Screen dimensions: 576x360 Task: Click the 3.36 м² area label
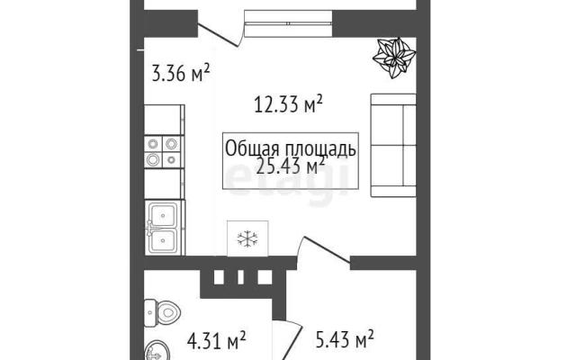click(x=180, y=73)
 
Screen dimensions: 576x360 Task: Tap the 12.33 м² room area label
click(x=288, y=104)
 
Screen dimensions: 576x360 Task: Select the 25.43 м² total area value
click(x=290, y=166)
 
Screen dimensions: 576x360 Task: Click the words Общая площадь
click(x=290, y=148)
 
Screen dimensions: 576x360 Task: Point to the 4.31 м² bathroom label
click(x=216, y=340)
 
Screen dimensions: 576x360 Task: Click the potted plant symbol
click(x=394, y=58)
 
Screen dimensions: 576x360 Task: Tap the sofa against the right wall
click(x=393, y=145)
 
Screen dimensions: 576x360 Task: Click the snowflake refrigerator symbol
click(x=247, y=238)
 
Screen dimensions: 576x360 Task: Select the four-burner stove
click(x=162, y=152)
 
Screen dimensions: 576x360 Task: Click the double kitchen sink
click(x=164, y=227)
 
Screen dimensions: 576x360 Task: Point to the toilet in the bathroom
click(x=162, y=313)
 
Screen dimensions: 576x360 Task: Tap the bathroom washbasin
click(x=154, y=351)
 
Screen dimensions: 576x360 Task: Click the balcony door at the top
click(x=220, y=35)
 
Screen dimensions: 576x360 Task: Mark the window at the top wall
click(x=288, y=23)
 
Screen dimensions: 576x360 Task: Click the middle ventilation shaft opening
click(x=241, y=277)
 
